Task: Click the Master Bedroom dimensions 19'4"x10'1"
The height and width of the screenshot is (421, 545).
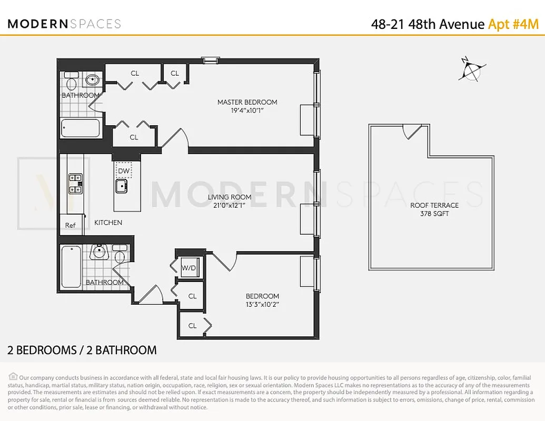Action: [247, 111]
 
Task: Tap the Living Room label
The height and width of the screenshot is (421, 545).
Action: [229, 197]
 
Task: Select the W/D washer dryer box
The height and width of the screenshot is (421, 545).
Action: [188, 268]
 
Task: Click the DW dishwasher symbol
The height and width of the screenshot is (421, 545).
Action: [123, 171]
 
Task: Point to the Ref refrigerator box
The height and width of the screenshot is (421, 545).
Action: [71, 225]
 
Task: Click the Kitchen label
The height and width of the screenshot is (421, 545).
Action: [108, 223]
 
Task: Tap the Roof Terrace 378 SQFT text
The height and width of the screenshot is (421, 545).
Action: [434, 209]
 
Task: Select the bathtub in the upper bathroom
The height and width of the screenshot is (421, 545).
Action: [80, 127]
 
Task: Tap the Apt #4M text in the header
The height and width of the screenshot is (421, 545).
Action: [513, 24]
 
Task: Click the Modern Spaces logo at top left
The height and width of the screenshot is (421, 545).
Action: [64, 24]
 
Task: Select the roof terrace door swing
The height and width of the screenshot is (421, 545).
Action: [412, 132]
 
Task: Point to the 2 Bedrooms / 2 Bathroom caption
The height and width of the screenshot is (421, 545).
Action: [82, 350]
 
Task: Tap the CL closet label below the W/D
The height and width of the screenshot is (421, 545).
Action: [192, 296]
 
